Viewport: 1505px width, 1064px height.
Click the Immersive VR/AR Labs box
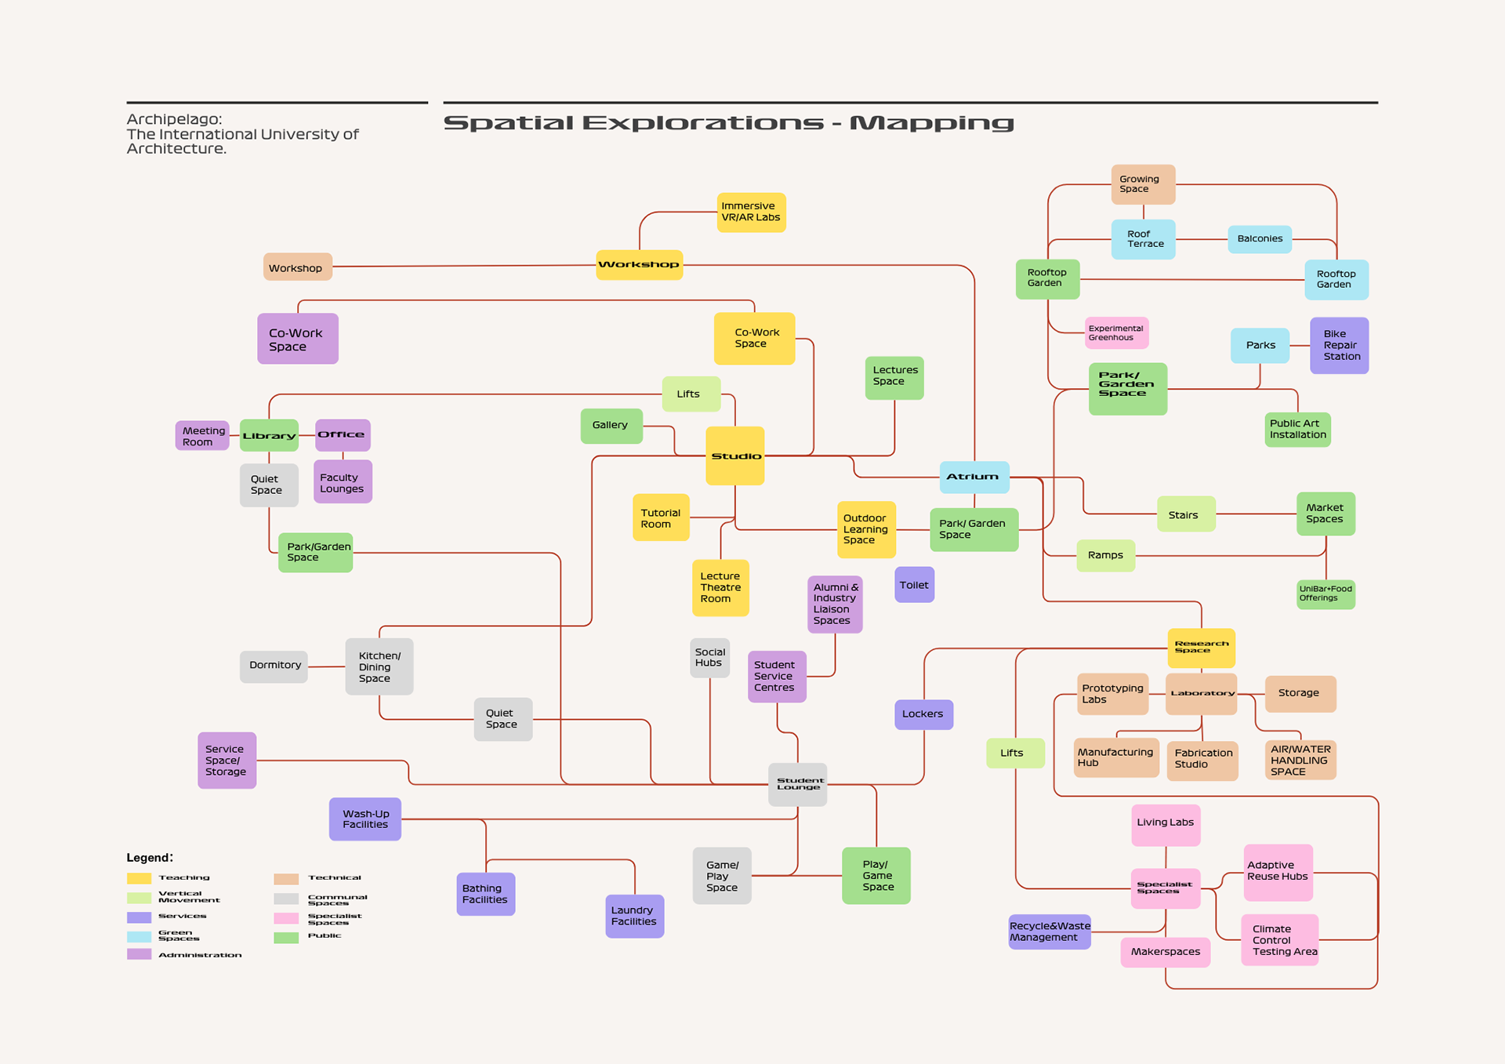click(751, 212)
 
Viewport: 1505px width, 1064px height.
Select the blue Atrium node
click(974, 477)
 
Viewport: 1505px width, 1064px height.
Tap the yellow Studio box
click(734, 456)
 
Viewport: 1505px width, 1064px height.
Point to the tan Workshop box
click(297, 267)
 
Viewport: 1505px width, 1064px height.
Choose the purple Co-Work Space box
click(297, 339)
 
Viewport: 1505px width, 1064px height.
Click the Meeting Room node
click(202, 436)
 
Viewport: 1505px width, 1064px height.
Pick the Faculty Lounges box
click(343, 482)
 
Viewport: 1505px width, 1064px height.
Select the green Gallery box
click(611, 426)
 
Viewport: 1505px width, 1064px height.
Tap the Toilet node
click(914, 585)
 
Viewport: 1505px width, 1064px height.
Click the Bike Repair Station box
click(1339, 345)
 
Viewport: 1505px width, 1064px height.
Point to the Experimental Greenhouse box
click(1116, 333)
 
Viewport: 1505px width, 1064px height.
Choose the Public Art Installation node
click(1297, 430)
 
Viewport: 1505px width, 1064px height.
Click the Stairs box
click(1185, 514)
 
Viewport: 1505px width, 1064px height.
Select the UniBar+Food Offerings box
click(1325, 594)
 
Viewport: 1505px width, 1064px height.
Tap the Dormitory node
click(274, 666)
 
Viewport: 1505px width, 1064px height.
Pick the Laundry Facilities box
click(634, 916)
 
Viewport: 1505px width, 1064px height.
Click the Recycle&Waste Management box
click(1049, 931)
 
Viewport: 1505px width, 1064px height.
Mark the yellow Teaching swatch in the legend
click(139, 878)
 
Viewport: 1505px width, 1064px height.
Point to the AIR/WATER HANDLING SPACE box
click(1300, 760)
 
